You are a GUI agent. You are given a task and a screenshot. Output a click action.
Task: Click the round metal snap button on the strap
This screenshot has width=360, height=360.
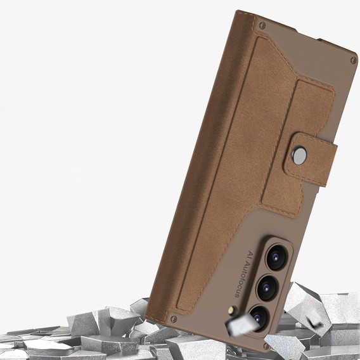(299, 155)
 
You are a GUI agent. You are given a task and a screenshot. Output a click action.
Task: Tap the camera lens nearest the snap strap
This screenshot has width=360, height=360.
(276, 257)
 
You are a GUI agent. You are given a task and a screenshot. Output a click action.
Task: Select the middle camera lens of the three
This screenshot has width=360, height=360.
(267, 288)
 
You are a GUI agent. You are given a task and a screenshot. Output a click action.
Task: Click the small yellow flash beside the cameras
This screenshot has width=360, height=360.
(232, 311)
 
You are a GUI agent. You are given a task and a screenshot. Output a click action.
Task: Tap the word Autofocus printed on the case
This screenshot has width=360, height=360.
(241, 281)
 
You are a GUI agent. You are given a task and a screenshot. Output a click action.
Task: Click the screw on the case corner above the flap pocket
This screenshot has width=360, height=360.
(262, 25)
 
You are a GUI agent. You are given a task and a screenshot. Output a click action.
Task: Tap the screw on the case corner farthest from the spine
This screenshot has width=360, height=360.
(354, 60)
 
